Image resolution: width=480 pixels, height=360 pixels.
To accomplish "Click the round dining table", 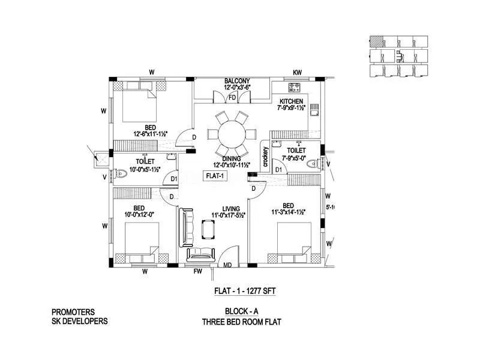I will pos(230,133).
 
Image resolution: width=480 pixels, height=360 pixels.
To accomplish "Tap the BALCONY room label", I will pos(237,81).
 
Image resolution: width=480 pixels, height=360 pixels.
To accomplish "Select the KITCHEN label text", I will pos(291,101).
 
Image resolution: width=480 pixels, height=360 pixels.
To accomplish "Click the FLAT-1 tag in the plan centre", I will pos(214,176).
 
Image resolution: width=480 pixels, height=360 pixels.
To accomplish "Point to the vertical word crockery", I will pos(265,157).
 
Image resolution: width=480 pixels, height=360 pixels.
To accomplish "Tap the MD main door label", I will pos(227,264).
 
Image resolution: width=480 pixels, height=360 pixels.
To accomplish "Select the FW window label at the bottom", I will pos(197,271).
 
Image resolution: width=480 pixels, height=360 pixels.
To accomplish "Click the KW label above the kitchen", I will pos(297,73).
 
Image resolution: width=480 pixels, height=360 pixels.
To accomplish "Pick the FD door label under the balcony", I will pos(232,98).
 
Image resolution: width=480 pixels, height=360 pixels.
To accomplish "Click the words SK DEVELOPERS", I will pos(80,321).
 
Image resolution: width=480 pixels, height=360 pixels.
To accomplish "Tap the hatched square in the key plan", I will pos(376,41).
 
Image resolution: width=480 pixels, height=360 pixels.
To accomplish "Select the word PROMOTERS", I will pos(74,311).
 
